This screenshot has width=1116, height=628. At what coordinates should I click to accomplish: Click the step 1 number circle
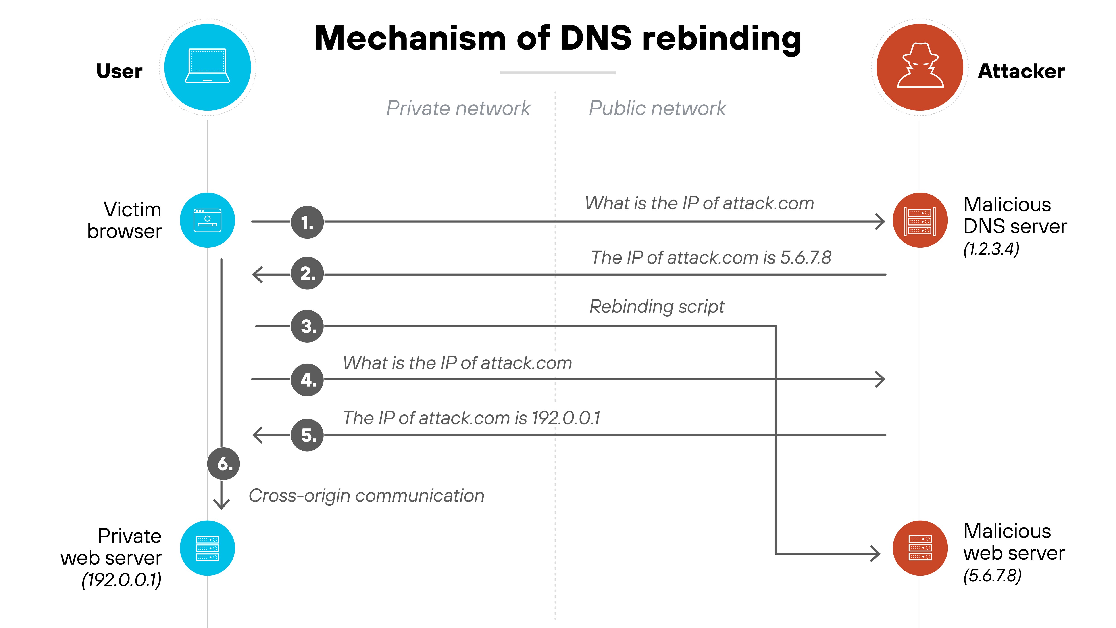tap(307, 222)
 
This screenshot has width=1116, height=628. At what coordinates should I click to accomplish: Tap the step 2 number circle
tap(307, 274)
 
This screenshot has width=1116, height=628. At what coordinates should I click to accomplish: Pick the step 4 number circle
tap(307, 380)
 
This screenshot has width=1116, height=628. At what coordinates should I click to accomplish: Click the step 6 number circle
tap(224, 464)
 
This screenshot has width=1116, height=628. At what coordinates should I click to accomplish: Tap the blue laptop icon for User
tap(208, 67)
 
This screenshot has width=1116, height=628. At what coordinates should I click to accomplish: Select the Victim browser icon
tap(208, 220)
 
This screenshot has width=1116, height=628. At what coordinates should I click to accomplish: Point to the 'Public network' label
tap(657, 108)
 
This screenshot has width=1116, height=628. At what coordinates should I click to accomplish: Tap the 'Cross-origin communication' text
tap(366, 495)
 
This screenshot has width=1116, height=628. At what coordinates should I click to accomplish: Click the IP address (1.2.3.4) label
tap(991, 249)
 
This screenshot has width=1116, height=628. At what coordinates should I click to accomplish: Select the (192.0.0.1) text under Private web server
tap(122, 580)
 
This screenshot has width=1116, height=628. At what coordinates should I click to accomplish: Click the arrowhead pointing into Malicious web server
tap(876, 553)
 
